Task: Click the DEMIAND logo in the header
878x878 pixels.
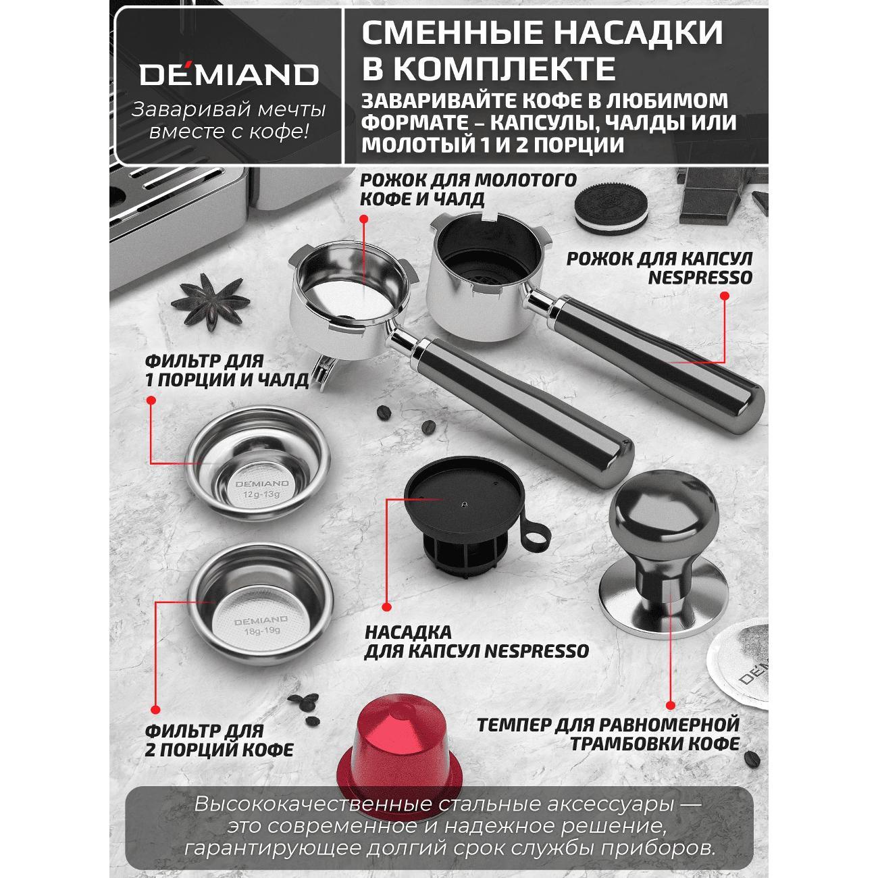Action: coord(229,75)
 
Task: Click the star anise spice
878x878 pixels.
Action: coord(210,302)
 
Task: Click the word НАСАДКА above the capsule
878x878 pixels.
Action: coord(403,632)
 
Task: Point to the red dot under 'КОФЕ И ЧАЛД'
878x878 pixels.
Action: coord(363,219)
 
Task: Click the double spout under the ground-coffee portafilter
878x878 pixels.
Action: coord(324,371)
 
